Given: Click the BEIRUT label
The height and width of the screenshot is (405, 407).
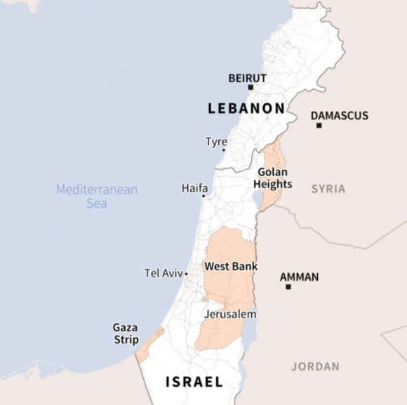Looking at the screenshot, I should pyautogui.click(x=248, y=78).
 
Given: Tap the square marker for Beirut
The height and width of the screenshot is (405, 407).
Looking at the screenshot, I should pyautogui.click(x=251, y=88).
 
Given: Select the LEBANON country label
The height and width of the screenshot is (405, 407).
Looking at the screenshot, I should pyautogui.click(x=246, y=108).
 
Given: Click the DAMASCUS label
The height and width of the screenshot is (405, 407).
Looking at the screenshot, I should pyautogui.click(x=339, y=115).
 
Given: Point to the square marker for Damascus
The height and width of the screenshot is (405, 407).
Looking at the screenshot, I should pyautogui.click(x=319, y=126).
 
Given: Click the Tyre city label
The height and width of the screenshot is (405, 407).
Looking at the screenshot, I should pyautogui.click(x=216, y=142).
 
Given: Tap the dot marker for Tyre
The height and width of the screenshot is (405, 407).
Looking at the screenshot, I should pyautogui.click(x=224, y=150).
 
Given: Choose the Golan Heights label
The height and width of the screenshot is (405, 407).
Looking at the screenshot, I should pyautogui.click(x=274, y=178).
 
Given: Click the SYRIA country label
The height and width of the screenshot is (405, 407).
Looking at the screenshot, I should pyautogui.click(x=328, y=188).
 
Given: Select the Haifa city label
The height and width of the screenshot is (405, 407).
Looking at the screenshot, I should pyautogui.click(x=194, y=188).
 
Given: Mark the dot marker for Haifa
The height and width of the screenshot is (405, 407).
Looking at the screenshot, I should pyautogui.click(x=203, y=196).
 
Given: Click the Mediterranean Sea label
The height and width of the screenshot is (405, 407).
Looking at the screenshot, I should pyautogui.click(x=97, y=196).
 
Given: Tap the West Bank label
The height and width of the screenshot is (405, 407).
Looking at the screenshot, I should pyautogui.click(x=230, y=267).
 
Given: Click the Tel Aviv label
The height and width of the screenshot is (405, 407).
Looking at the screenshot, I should pyautogui.click(x=163, y=273).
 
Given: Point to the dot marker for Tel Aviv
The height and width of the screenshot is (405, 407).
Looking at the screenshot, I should pyautogui.click(x=186, y=274).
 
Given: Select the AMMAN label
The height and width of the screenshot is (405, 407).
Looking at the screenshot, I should pyautogui.click(x=299, y=277).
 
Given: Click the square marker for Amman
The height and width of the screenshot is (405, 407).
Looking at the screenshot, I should pyautogui.click(x=288, y=287).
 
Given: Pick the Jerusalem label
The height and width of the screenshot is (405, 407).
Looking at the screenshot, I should pyautogui.click(x=229, y=314).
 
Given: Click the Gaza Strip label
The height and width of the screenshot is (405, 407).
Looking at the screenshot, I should pyautogui.click(x=126, y=333).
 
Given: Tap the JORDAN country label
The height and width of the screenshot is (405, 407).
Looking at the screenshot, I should pyautogui.click(x=315, y=366).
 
